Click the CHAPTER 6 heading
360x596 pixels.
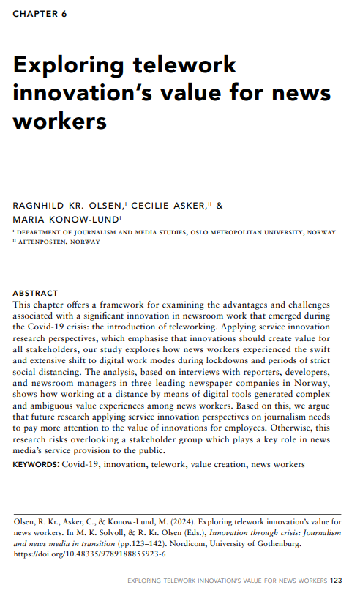[x=40, y=15]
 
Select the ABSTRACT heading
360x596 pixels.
[x=35, y=293]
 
